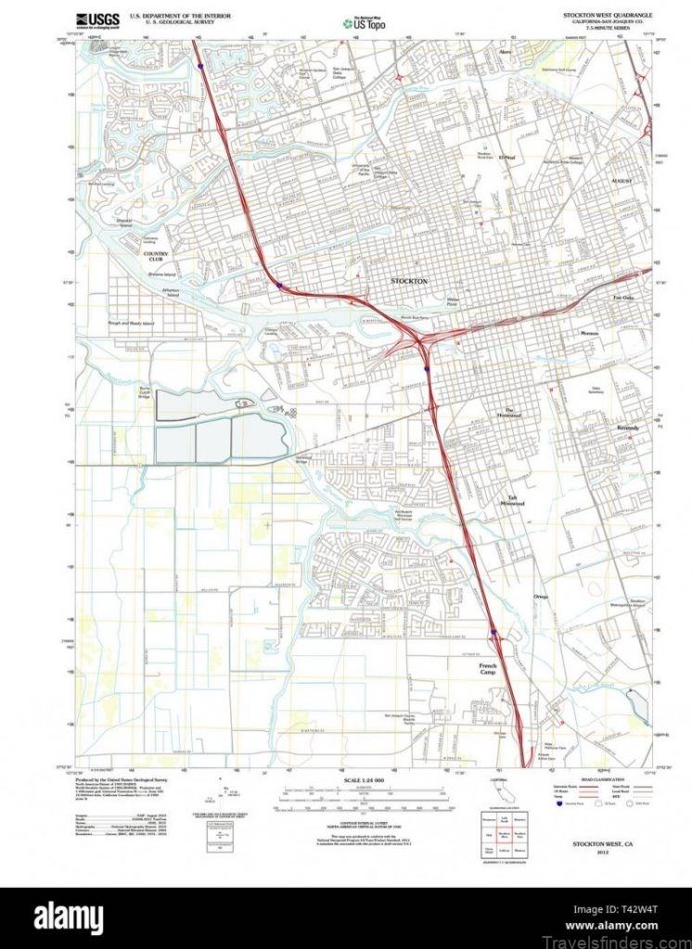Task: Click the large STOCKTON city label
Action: tap(409, 281)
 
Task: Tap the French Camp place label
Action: tap(489, 669)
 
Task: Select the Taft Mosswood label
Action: tap(513, 500)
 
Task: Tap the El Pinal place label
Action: tap(506, 158)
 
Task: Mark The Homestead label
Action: tap(513, 413)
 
